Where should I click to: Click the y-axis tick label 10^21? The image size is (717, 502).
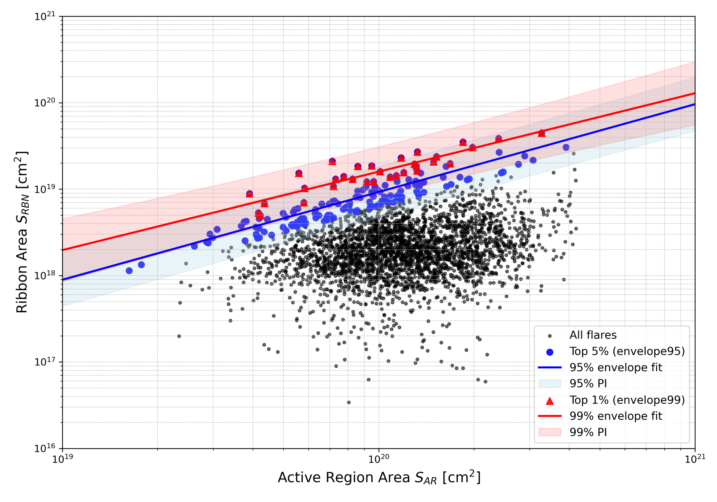pos(45,17)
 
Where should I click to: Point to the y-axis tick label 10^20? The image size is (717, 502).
pos(45,103)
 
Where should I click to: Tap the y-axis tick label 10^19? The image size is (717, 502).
pos(45,189)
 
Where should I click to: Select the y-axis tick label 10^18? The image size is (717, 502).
pos(45,276)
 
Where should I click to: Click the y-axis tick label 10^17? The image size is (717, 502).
pos(45,362)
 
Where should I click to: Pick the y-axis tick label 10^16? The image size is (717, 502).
pos(45,449)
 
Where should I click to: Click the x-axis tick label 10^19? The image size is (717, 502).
pos(62,459)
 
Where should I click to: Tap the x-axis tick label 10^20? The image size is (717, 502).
pos(379,459)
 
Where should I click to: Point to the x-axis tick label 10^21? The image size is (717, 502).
pos(695,459)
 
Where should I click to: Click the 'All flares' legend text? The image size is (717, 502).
pos(593,335)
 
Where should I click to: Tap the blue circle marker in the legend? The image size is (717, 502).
pos(550,352)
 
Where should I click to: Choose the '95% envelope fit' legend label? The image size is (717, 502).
pos(616,368)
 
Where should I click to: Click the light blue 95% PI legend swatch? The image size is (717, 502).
pos(550,384)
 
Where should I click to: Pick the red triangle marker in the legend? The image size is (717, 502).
pos(550,401)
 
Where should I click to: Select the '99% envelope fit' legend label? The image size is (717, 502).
pos(616,416)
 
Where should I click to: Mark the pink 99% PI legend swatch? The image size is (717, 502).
pos(550,432)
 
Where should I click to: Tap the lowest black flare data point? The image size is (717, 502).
pos(349,402)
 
